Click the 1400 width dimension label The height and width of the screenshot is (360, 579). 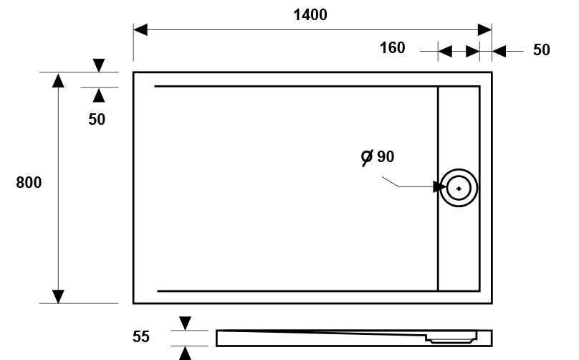coord(310,15)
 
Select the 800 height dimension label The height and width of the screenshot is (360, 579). coord(29,183)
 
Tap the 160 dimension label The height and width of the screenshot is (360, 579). coord(393,47)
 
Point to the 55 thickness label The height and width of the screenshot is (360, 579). coord(141,337)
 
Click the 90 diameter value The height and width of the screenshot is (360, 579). coord(386,157)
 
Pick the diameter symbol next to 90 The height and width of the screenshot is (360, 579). coord(367,158)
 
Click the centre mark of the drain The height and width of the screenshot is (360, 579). coord(459,189)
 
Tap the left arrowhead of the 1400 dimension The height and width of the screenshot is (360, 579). coord(140,30)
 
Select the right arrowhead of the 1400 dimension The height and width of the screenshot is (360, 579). coord(484,30)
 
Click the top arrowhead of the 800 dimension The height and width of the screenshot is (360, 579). coord(58,80)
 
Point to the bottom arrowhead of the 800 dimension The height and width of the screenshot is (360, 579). coord(58,296)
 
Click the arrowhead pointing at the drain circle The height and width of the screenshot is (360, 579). coord(439,186)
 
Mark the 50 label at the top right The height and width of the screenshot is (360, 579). coord(541,50)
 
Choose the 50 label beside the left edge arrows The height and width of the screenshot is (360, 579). coord(97,119)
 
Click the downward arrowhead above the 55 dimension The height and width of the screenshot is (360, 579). coord(185,323)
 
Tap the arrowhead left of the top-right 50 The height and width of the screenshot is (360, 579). coord(499,52)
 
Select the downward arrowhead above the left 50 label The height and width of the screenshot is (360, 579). coord(99,65)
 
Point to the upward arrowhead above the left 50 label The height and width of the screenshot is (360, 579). coord(99,95)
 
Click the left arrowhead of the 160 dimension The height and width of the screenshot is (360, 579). coord(445,52)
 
